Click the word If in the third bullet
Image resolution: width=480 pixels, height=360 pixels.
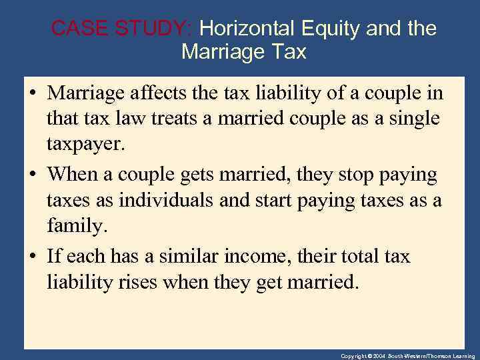pos(54,257)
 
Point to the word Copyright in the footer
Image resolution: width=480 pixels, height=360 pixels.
pos(354,356)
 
